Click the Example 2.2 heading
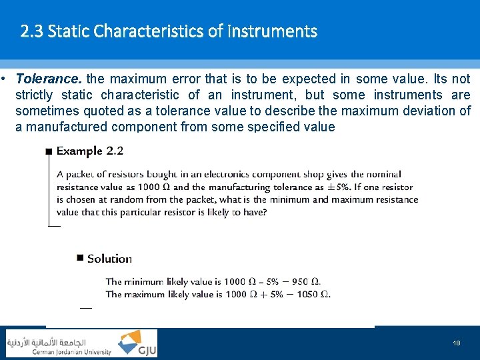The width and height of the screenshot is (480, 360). coord(90,151)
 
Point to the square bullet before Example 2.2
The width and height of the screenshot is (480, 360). coord(48,152)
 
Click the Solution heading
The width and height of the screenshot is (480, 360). coord(109,259)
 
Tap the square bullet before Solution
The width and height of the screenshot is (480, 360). coord(80,258)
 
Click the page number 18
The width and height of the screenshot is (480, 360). coord(456,343)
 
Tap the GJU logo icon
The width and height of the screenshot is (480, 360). coord(137,343)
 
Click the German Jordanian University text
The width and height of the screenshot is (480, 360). coord(72,352)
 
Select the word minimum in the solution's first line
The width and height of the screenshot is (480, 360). coord(143,281)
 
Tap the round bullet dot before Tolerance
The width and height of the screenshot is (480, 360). coord(4,79)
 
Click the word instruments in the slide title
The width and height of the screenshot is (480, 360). coord(272,31)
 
